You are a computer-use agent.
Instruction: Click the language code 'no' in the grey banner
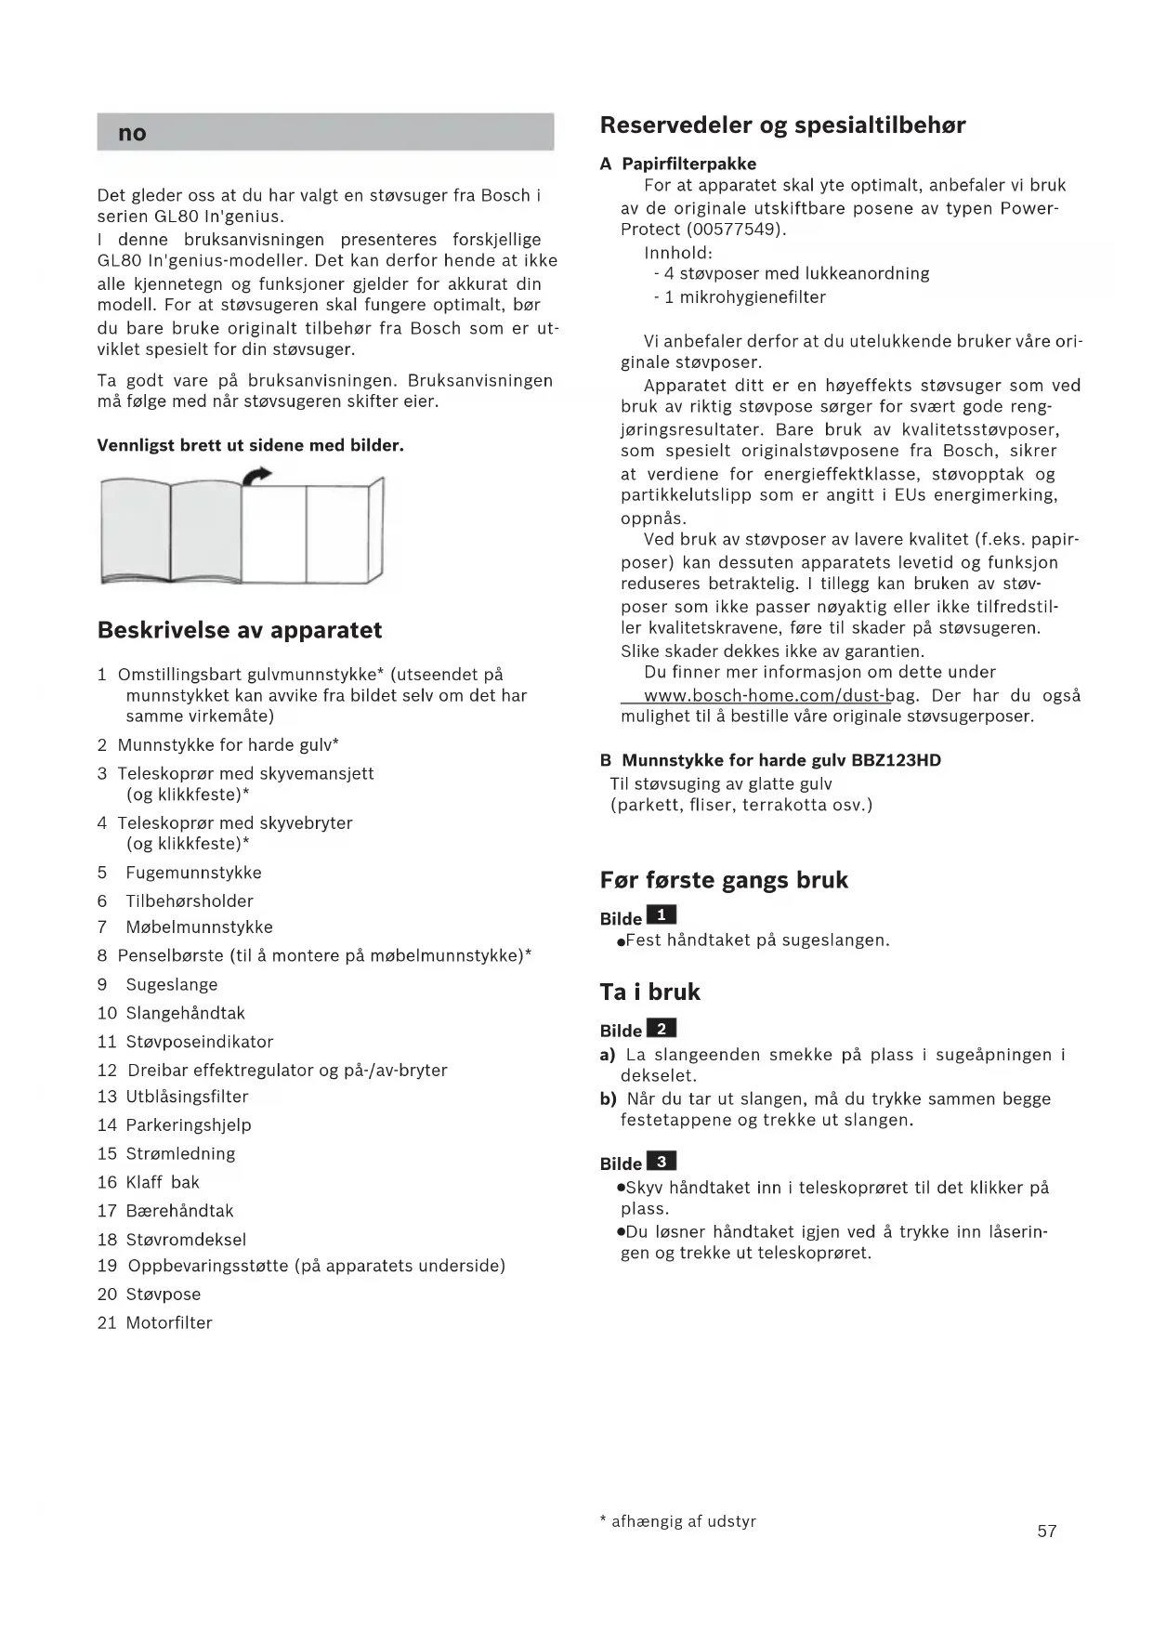point(132,133)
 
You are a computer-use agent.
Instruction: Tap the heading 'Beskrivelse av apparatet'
point(240,630)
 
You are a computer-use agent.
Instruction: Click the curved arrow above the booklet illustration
point(256,476)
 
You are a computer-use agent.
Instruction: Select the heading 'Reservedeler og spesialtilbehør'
point(782,125)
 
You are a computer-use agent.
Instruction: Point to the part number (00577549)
point(734,230)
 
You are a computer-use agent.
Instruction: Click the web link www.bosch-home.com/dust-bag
point(780,696)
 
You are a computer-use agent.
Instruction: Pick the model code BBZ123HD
point(896,760)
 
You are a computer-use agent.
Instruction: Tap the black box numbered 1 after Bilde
point(661,915)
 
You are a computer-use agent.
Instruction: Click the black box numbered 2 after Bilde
point(661,1028)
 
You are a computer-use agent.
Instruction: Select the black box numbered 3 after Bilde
point(661,1161)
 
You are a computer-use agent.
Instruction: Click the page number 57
point(1047,1531)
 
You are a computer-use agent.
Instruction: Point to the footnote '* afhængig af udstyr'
point(678,1521)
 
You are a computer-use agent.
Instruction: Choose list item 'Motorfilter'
point(169,1322)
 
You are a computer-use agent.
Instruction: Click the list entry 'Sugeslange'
point(172,984)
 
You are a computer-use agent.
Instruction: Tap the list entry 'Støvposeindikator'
point(200,1042)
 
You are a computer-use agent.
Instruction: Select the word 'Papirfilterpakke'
point(688,164)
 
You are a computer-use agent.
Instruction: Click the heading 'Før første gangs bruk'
point(724,880)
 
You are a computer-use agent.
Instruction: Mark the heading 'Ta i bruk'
point(649,992)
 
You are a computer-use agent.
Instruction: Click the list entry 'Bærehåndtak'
point(179,1211)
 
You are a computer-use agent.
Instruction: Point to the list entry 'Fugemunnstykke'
point(193,873)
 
